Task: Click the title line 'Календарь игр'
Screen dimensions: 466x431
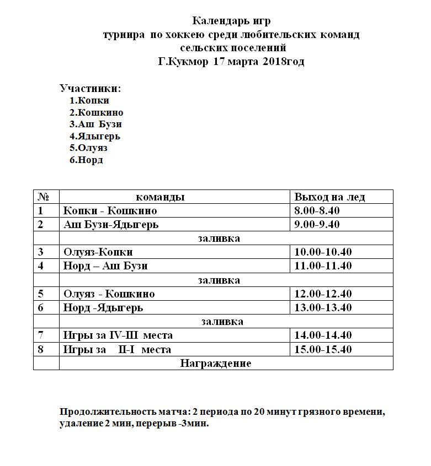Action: (231, 21)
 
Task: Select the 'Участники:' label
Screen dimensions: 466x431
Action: (90, 88)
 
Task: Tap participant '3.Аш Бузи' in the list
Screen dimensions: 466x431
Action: (95, 124)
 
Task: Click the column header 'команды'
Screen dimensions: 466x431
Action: (160, 197)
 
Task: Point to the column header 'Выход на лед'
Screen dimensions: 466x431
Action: (329, 197)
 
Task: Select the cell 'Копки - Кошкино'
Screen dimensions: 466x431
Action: (110, 211)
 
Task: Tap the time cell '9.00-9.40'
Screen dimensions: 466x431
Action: (317, 225)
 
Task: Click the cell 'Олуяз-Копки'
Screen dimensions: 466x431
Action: (98, 252)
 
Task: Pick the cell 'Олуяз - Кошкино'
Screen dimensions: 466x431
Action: (109, 294)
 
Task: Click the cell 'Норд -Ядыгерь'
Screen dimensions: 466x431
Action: (103, 308)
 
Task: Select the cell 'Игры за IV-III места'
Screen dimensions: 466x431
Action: (118, 335)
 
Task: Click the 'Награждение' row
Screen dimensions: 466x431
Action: (215, 364)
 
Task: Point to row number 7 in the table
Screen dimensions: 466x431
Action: (41, 335)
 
